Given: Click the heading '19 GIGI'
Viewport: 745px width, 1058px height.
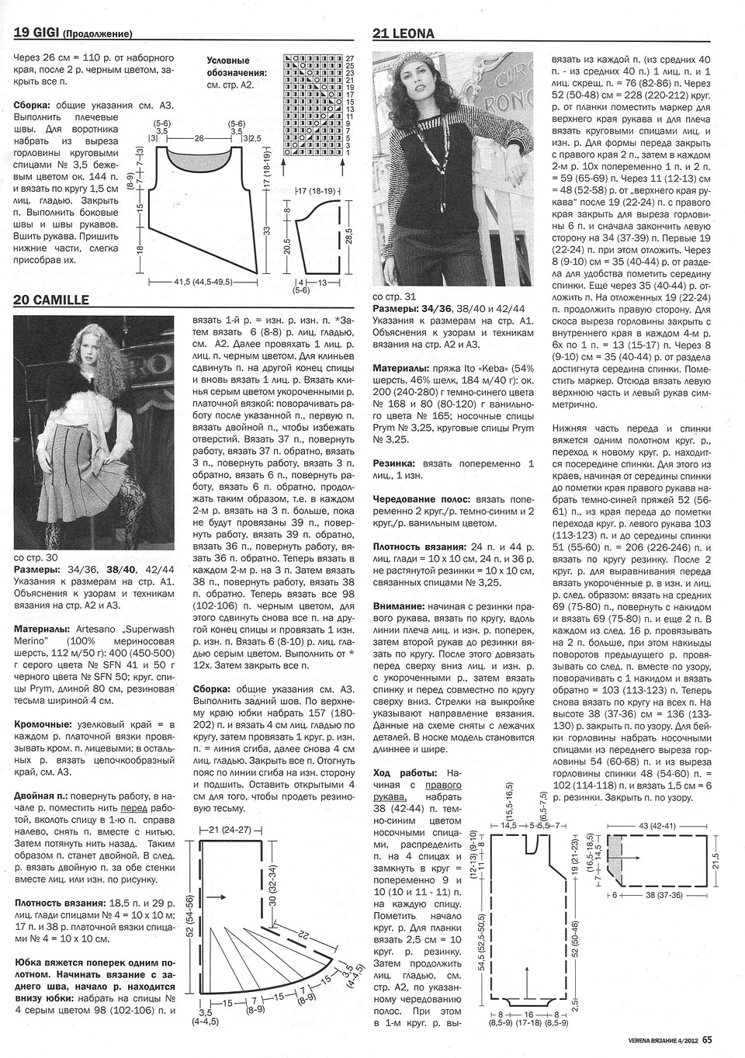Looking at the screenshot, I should (x=36, y=33).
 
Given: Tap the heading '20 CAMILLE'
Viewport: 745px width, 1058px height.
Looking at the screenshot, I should (x=51, y=300).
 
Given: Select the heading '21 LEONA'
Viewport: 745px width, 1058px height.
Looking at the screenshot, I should (x=403, y=33).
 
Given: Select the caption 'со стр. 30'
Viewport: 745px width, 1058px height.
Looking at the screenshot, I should (x=36, y=557).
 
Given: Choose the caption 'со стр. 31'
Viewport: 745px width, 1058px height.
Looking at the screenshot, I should (x=394, y=296).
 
